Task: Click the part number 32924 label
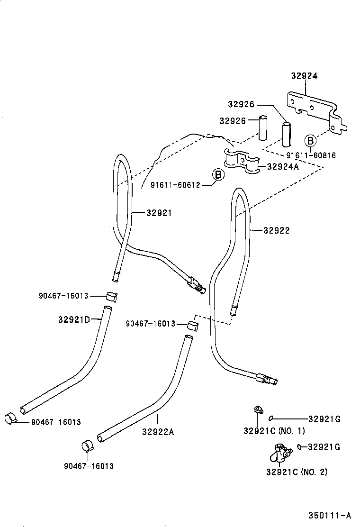tap(304, 76)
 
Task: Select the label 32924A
tap(282, 166)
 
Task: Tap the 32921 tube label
tap(159, 213)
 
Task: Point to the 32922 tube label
tap(276, 231)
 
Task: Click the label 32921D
tap(74, 319)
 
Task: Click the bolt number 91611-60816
tap(311, 155)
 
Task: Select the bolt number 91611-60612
tap(175, 184)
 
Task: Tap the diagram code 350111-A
tap(330, 516)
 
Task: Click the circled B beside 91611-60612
tap(218, 175)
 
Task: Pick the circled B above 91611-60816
tap(310, 141)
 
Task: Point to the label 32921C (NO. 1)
tap(274, 431)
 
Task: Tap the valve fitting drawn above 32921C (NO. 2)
tap(279, 452)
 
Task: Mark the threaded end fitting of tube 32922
tap(268, 379)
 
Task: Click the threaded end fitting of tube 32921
tap(197, 285)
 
